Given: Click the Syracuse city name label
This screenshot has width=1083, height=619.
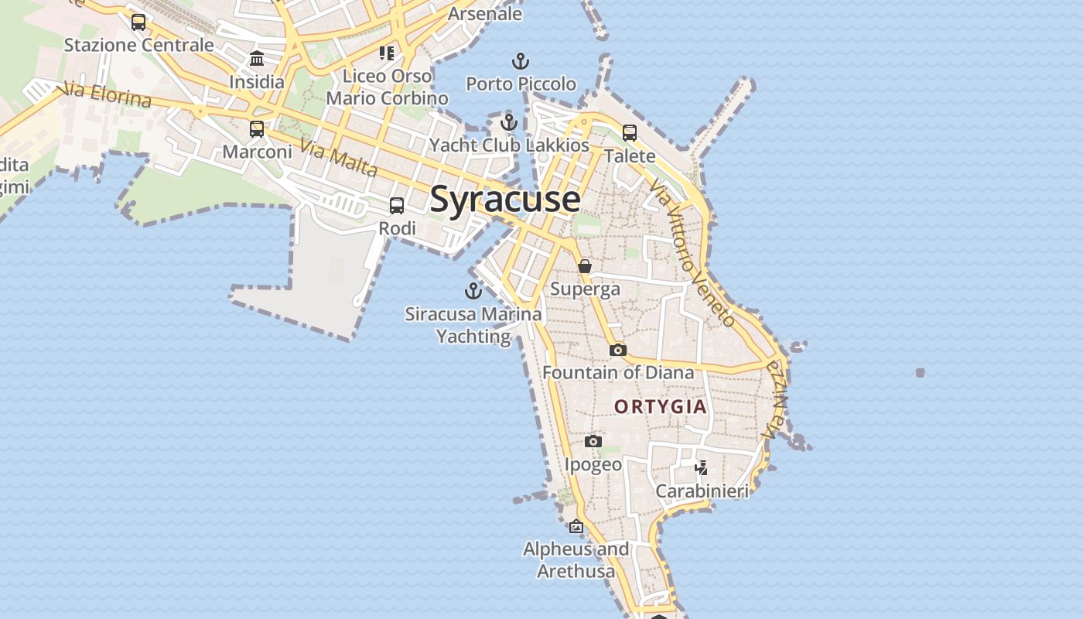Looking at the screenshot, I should coord(504,199).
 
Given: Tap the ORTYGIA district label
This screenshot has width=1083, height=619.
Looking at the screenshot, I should coord(660,406).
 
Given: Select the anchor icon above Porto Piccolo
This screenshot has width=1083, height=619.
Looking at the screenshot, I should coord(521,61).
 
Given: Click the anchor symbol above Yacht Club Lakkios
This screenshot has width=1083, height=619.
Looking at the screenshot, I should coord(508,122).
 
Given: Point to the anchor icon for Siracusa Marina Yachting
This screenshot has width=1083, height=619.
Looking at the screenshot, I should coord(473,291).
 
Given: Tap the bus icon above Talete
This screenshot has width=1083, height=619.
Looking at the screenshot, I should coord(630,133).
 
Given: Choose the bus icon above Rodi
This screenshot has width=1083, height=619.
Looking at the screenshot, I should coord(397,206).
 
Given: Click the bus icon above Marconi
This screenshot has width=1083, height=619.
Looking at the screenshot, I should coord(257,129).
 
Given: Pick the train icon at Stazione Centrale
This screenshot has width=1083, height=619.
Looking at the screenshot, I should coord(138,22).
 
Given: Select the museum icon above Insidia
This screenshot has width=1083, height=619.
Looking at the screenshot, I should coord(257,59).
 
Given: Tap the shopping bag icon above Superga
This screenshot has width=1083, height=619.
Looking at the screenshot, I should coord(585,266).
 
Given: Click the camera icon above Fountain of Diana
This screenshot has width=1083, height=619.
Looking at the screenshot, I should coord(617,350).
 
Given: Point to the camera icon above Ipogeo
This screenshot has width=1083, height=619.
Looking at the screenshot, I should coord(593,441).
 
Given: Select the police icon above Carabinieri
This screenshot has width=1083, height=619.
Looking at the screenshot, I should coord(702,467).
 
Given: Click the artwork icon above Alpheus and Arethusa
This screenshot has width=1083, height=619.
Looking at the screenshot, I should coord(576,526).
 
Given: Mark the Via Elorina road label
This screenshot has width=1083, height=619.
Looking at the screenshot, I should coord(108,95).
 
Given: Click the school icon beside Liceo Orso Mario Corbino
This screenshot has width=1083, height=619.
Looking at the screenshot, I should coord(386,53).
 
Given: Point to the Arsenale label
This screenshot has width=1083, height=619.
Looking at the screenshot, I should coord(485,14).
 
